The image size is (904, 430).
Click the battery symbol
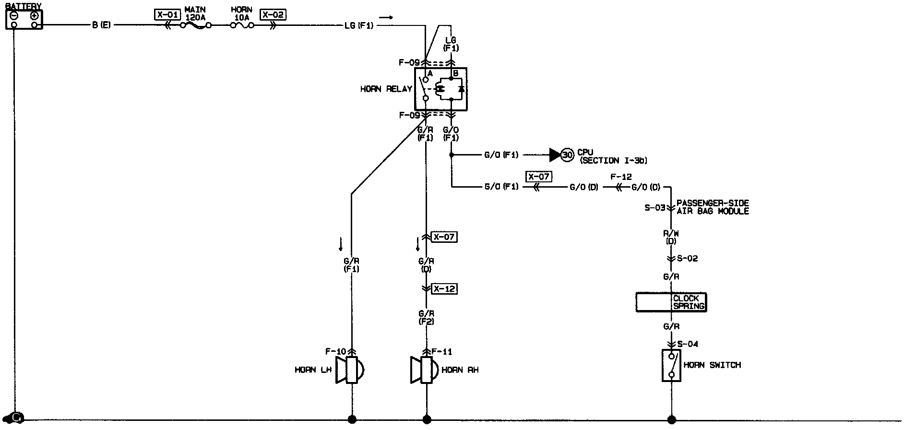pyautogui.click(x=24, y=19)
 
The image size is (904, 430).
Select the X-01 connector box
pyautogui.click(x=167, y=14)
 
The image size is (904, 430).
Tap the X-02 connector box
pyautogui.click(x=273, y=14)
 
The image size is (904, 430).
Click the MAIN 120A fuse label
pyautogui.click(x=195, y=13)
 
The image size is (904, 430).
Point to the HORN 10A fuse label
pyautogui.click(x=241, y=13)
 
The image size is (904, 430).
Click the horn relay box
pyautogui.click(x=440, y=89)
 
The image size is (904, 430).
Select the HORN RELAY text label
pyautogui.click(x=386, y=89)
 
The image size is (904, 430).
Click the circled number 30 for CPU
pyautogui.click(x=568, y=155)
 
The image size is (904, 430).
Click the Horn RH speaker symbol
pyautogui.click(x=425, y=370)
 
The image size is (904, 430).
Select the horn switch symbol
pyautogui.click(x=671, y=365)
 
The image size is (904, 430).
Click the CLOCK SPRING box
pyautogui.click(x=671, y=302)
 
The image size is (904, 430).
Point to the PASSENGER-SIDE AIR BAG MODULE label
pyautogui.click(x=712, y=207)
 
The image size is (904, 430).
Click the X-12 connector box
pyautogui.click(x=444, y=288)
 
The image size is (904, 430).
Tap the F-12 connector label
pyautogui.click(x=621, y=177)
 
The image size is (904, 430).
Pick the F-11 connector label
pyautogui.click(x=441, y=352)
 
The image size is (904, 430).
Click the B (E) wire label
pyautogui.click(x=101, y=25)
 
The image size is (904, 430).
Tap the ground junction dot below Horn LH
pyautogui.click(x=352, y=419)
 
